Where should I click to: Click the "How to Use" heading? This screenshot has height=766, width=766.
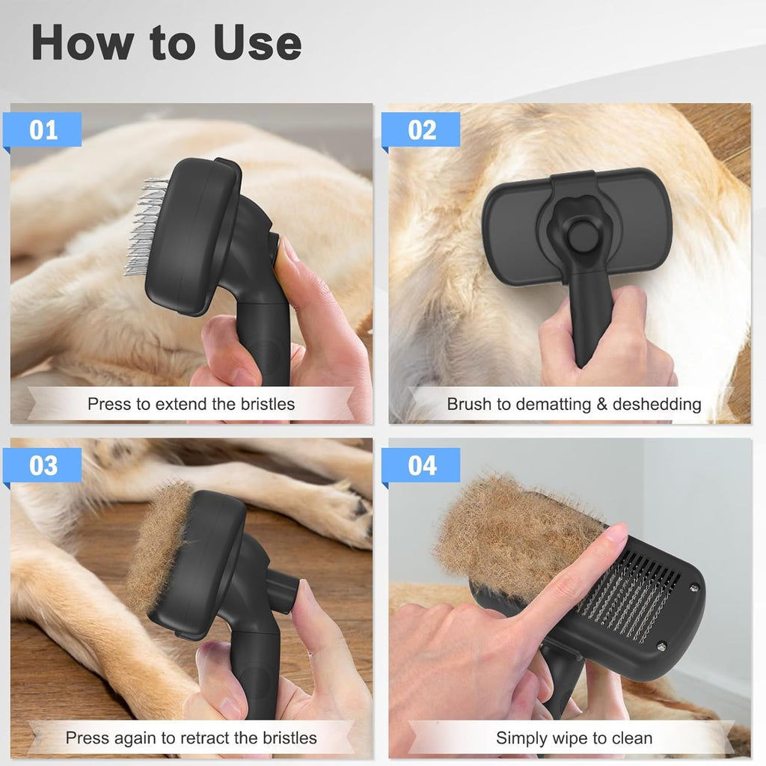pyautogui.click(x=166, y=43)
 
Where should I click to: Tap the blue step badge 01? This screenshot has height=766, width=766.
pyautogui.click(x=43, y=129)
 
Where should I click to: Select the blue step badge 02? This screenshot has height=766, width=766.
pyautogui.click(x=422, y=129)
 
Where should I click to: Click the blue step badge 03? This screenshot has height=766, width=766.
pyautogui.click(x=43, y=465)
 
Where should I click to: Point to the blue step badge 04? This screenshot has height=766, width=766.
pyautogui.click(x=422, y=465)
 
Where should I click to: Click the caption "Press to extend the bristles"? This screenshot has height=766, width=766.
pyautogui.click(x=191, y=405)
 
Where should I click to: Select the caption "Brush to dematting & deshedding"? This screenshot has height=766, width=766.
pyautogui.click(x=574, y=405)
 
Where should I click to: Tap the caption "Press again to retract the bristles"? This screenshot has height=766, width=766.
pyautogui.click(x=191, y=738)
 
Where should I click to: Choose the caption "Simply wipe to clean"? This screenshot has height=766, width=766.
pyautogui.click(x=574, y=738)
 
